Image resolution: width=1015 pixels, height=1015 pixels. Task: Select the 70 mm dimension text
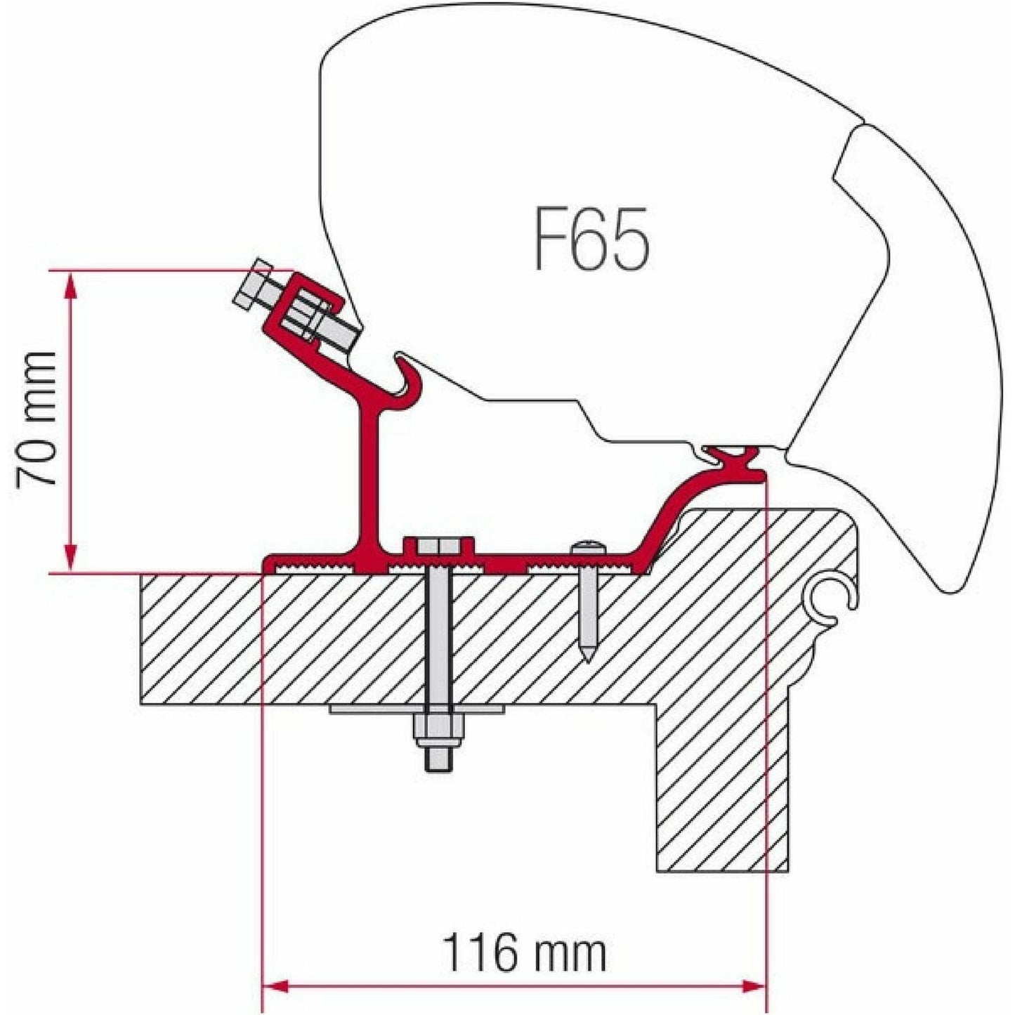pyautogui.click(x=37, y=419)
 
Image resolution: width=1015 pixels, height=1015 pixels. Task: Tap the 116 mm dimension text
pyautogui.click(x=523, y=952)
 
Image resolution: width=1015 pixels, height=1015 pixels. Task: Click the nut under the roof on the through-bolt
pyautogui.click(x=436, y=731)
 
